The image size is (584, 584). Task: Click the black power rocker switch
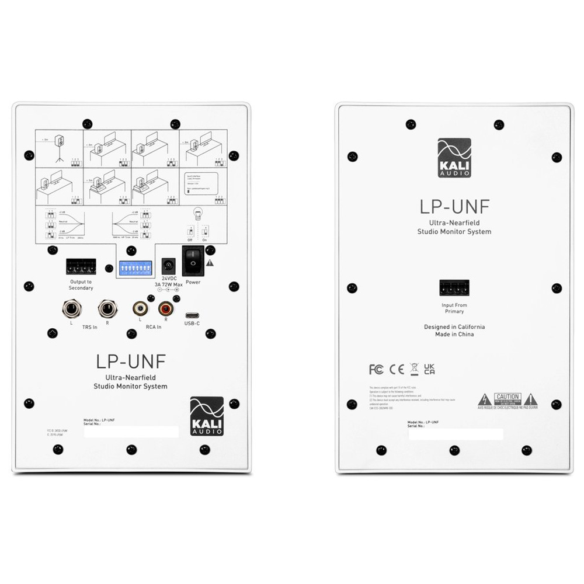(x=192, y=260)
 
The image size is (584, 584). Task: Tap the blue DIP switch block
(x=135, y=268)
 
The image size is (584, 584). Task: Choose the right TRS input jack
(x=107, y=308)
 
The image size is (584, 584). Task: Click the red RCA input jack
(x=166, y=307)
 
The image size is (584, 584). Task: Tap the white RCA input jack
(x=140, y=307)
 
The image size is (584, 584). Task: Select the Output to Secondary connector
(x=81, y=267)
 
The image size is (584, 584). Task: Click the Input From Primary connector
(x=454, y=288)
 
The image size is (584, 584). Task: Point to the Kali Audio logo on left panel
(x=207, y=416)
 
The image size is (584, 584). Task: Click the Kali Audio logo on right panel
(x=454, y=158)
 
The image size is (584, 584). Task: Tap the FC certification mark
(x=376, y=369)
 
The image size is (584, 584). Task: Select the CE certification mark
(x=397, y=369)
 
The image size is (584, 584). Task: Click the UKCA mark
(x=429, y=369)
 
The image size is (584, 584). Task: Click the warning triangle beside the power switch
(x=210, y=263)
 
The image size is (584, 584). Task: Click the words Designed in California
(x=454, y=327)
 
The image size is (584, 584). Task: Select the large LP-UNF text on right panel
(x=454, y=207)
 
